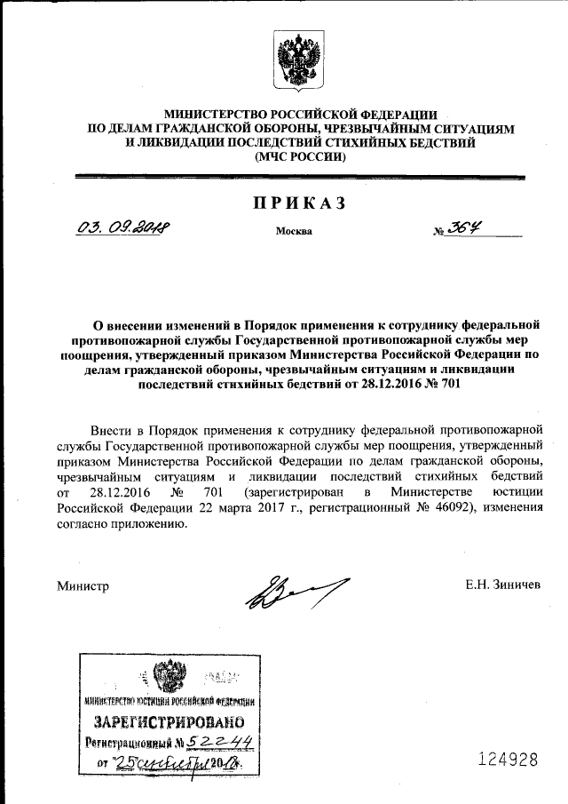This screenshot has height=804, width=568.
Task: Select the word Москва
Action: coord(294,233)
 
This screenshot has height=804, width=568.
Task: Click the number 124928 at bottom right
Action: coord(509,760)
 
